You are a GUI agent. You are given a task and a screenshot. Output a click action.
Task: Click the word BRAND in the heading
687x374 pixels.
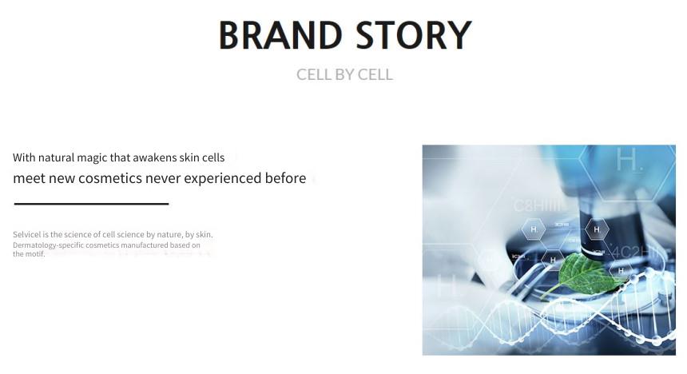(x=280, y=35)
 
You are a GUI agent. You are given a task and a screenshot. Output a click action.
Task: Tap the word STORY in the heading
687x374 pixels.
(x=414, y=35)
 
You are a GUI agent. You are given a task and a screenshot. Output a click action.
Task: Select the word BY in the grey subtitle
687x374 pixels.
(x=344, y=74)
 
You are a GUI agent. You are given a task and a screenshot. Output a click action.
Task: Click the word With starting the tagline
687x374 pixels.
(x=24, y=157)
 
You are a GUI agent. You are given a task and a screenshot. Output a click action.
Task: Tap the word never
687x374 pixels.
(x=163, y=179)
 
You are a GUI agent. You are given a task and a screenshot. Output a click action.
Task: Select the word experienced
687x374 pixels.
(x=223, y=179)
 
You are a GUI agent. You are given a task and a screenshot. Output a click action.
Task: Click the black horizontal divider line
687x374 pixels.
(x=91, y=204)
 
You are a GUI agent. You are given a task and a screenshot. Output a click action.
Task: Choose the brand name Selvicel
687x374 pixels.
(x=26, y=235)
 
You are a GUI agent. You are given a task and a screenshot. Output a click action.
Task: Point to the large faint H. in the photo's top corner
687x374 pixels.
(x=629, y=160)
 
